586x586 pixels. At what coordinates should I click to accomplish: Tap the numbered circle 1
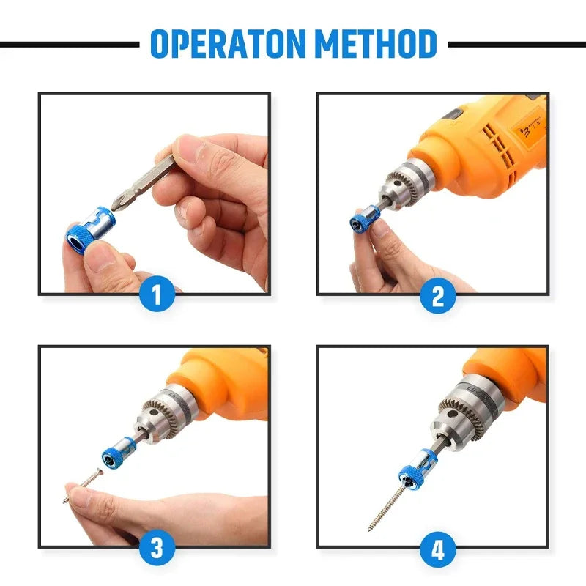(155, 296)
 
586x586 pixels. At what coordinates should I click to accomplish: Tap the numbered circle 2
(438, 296)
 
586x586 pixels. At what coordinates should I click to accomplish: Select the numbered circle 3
(155, 549)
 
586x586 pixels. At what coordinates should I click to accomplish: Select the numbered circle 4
(438, 549)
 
